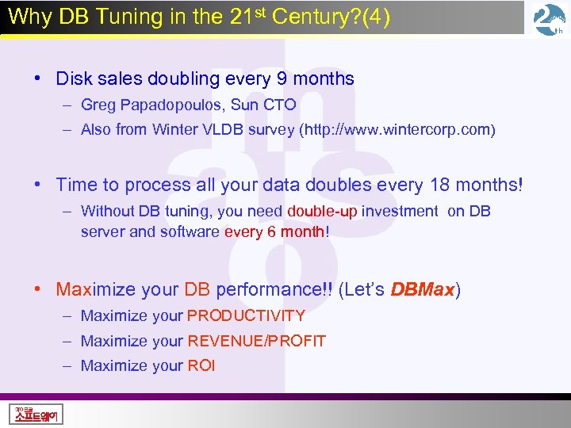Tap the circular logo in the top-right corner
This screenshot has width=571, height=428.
(549, 20)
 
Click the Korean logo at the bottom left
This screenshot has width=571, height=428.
(36, 413)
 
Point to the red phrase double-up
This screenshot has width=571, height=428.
(323, 212)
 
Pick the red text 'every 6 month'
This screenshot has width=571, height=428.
(274, 232)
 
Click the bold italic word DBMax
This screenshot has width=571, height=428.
(423, 289)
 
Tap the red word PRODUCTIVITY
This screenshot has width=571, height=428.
(246, 315)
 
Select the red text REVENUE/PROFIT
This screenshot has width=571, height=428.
(256, 341)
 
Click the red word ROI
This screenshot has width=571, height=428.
(201, 365)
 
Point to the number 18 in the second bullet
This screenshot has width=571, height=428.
(439, 185)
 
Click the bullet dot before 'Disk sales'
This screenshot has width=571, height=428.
(37, 78)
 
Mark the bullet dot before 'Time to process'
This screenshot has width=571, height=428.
(37, 185)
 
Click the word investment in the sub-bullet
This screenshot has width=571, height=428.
(400, 212)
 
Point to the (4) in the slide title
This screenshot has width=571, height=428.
(377, 17)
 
